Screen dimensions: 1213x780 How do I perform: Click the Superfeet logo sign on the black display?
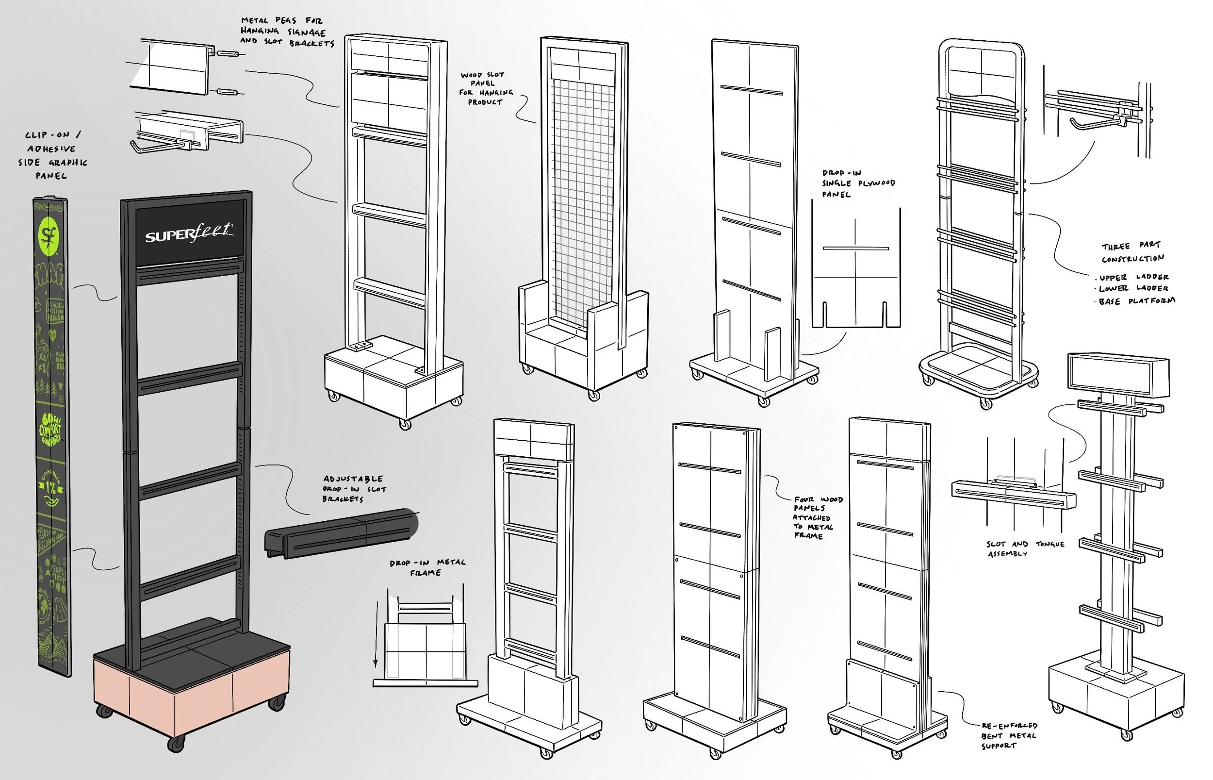189,233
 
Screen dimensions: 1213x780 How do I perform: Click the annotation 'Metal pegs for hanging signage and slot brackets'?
287,32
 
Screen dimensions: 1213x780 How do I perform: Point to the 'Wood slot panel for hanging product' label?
486,89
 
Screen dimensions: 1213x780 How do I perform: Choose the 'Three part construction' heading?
1132,252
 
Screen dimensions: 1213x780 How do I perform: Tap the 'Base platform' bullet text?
1136,301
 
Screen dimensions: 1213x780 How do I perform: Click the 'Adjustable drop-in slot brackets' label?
353,489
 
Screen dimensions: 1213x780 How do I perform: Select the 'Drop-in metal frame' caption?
427,567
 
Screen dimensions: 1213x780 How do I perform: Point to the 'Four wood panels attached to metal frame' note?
818,517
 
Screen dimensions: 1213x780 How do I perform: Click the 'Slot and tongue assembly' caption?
1025,548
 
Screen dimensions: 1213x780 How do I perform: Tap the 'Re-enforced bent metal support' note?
1008,735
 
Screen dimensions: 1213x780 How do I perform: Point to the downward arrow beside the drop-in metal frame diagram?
376,633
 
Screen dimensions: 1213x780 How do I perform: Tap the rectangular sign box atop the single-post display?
1118,375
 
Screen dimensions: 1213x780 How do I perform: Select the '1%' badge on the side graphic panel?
50,488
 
